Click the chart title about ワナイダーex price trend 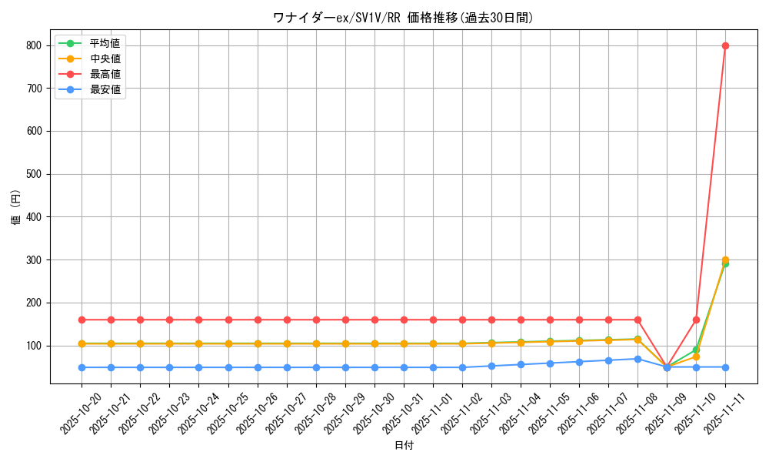coord(403,18)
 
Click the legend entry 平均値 coord(105,43)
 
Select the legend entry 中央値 coord(105,59)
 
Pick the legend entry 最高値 coord(105,74)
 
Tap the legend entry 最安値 coord(105,89)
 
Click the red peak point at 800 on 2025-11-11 coord(725,45)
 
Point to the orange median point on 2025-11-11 coord(725,260)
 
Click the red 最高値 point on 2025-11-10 coord(696,320)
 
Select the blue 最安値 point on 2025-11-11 coord(725,367)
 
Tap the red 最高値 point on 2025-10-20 coord(82,320)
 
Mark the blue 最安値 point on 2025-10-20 coord(82,367)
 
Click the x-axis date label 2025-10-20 coord(80,413)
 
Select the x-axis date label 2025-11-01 coord(431,413)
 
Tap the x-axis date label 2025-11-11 coord(724,413)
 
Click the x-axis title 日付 coord(404,446)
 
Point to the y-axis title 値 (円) coord(15,208)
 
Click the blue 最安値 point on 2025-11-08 coord(638,359)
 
